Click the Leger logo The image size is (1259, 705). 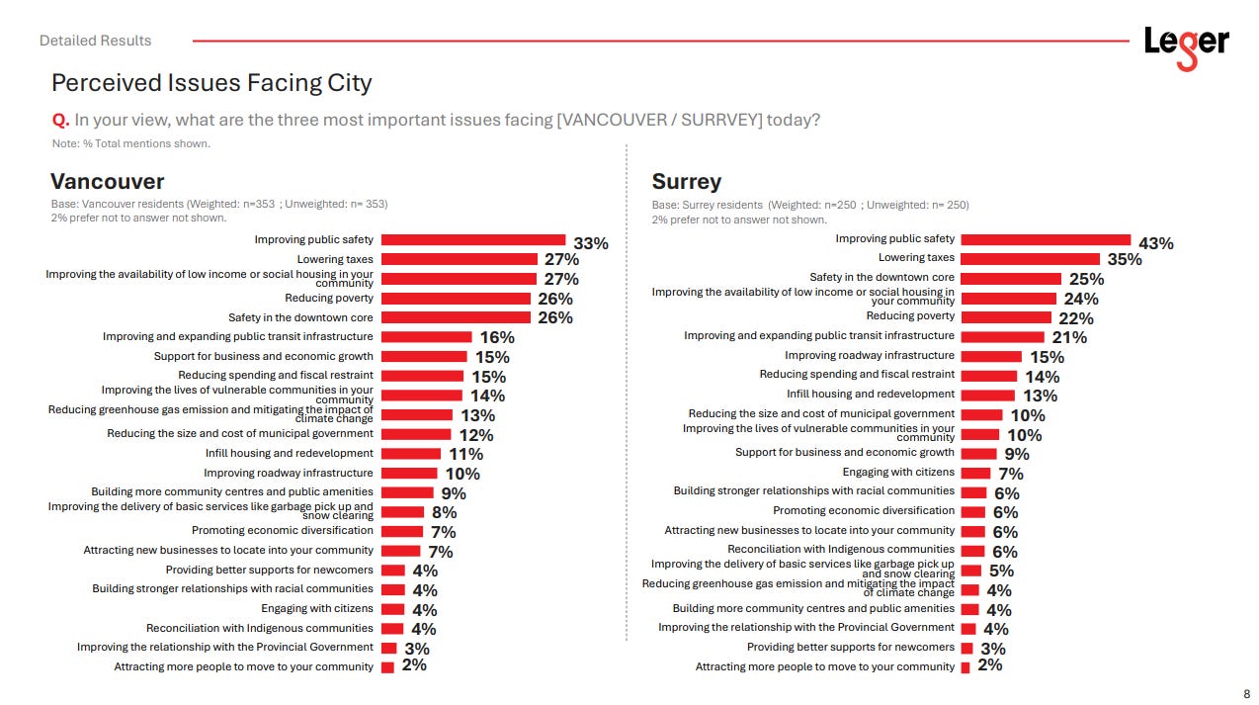[1186, 44]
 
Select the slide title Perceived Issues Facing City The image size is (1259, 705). [211, 83]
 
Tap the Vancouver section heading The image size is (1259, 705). [107, 182]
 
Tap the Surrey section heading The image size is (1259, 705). [686, 182]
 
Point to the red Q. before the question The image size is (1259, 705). [60, 121]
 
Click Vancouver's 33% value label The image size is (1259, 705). [591, 243]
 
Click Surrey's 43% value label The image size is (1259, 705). [1156, 243]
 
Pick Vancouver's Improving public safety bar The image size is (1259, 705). [472, 239]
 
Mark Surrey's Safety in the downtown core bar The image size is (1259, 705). [1010, 278]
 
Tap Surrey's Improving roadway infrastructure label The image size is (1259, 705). [869, 355]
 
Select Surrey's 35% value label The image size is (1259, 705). [1124, 260]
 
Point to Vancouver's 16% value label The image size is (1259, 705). [497, 337]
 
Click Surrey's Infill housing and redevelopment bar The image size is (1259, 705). [987, 394]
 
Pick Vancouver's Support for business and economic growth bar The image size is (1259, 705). [424, 356]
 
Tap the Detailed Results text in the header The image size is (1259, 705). [96, 41]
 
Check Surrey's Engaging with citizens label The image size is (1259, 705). [898, 472]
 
